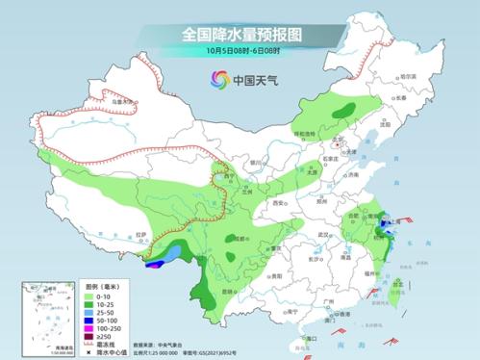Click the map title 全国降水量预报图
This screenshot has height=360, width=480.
pyautogui.click(x=240, y=34)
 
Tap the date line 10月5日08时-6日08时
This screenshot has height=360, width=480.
pyautogui.click(x=240, y=51)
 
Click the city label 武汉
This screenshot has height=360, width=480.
pyautogui.click(x=311, y=235)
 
